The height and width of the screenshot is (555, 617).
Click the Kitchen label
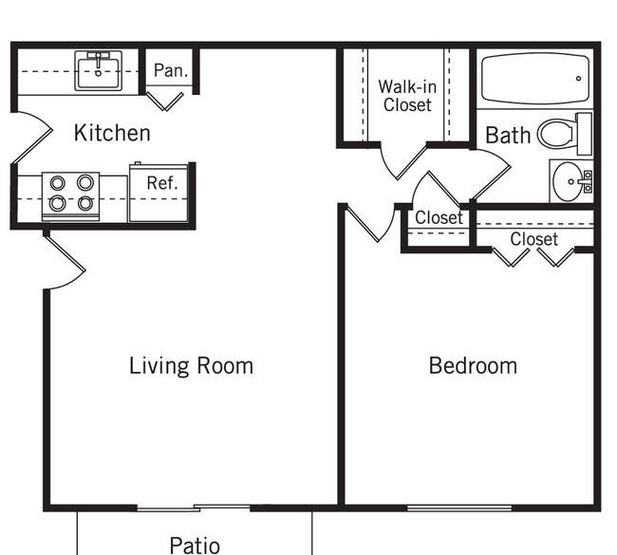[x=112, y=133]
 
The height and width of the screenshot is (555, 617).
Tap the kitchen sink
[x=98, y=71]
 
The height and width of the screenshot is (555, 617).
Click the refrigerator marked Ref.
[x=159, y=193]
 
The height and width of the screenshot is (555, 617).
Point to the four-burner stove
[x=71, y=195]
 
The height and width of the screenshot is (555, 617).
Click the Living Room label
[x=191, y=366]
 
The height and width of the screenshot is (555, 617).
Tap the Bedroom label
[x=473, y=366]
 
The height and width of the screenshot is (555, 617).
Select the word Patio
[x=195, y=546]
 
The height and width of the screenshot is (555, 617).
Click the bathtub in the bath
[x=535, y=79]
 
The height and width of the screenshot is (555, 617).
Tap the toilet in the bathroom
[x=564, y=134]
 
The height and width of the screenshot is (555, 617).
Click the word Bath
[x=508, y=136]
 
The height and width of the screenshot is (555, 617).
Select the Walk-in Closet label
[x=407, y=96]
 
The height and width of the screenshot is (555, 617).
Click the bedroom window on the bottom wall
[x=459, y=509]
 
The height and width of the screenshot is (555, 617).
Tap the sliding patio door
[x=194, y=509]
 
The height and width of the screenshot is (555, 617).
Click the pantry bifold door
[x=164, y=102]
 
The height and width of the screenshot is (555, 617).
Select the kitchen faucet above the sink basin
[x=99, y=59]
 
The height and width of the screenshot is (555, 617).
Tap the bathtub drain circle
[x=578, y=79]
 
